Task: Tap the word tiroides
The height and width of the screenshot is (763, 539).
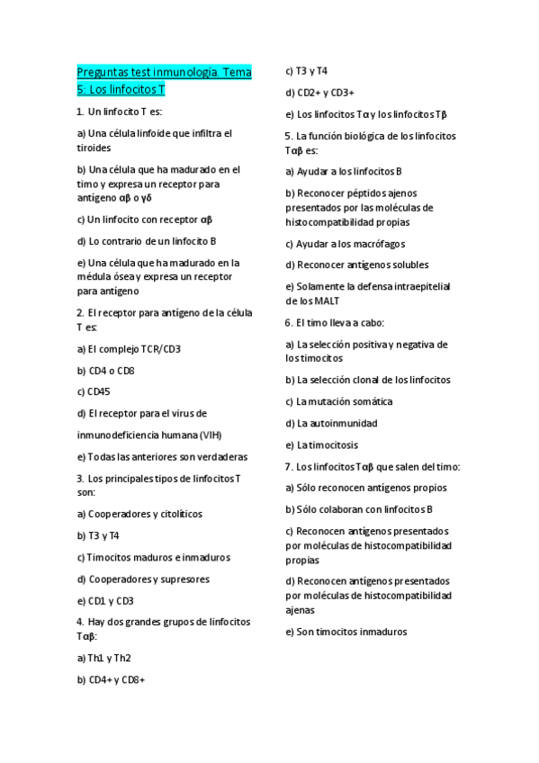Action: point(94,148)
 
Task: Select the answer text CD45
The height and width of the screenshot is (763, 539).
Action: point(99,391)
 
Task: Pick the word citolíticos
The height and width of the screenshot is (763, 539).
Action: point(177,514)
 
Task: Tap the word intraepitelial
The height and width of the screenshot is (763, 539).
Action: point(416,286)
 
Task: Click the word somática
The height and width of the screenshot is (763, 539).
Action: point(369,401)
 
